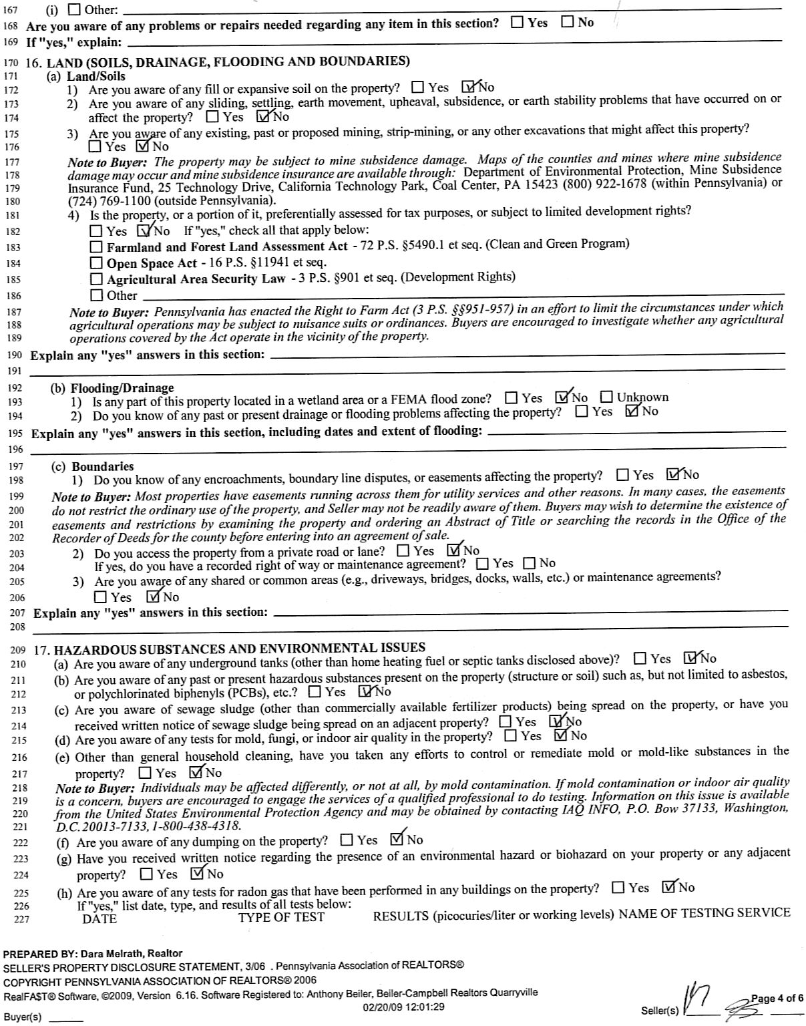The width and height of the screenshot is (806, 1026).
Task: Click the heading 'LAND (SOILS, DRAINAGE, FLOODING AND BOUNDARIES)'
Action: coord(228,62)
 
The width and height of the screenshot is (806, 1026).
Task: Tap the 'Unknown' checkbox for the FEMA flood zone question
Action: coord(606,397)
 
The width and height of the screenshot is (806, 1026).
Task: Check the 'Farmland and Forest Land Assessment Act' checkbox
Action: coord(97,247)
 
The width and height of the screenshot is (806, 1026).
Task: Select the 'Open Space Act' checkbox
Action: coord(97,263)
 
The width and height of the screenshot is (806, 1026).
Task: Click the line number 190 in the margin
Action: coord(15,355)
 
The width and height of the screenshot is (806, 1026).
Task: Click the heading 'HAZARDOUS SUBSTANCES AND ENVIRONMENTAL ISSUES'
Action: coord(239,648)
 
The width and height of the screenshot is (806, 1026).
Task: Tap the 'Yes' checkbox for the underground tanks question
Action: coord(640,659)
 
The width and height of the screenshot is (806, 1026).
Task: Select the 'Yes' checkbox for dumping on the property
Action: coord(347,840)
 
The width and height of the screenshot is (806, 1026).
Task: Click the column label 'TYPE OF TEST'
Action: coord(281,918)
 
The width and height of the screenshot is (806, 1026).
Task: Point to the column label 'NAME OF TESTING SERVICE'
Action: coord(704,913)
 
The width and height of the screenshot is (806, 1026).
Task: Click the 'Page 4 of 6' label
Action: coord(777,999)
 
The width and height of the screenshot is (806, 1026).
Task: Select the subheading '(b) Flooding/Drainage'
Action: coord(112,388)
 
